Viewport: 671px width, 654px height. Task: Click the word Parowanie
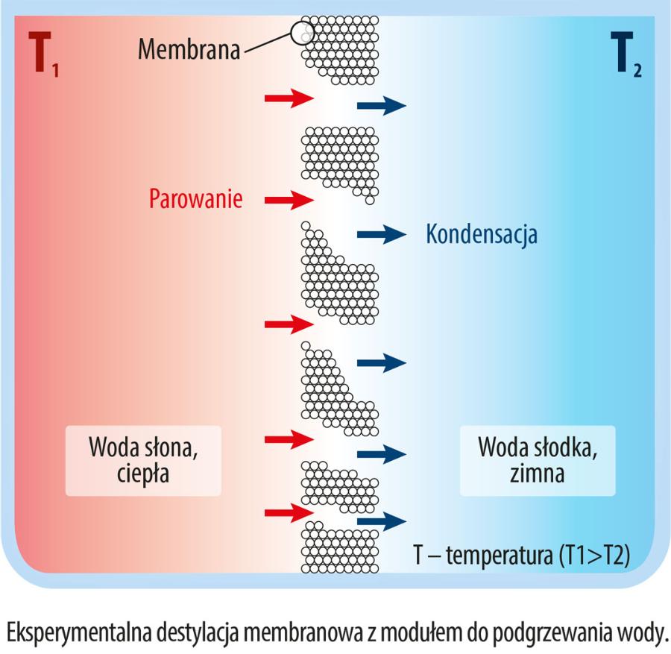point(195,199)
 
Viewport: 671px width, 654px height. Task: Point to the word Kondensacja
point(482,234)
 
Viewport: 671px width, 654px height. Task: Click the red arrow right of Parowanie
point(289,199)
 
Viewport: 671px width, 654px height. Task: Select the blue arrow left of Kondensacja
point(381,234)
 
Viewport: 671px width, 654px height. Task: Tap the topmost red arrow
point(289,97)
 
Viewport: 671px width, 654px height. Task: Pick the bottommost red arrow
point(289,512)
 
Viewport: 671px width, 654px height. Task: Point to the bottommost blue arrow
point(381,521)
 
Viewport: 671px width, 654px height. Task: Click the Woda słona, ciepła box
point(143,460)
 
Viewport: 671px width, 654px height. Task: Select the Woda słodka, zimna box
point(537,460)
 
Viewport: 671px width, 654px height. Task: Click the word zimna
point(537,474)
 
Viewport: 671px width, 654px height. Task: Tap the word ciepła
point(143,474)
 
